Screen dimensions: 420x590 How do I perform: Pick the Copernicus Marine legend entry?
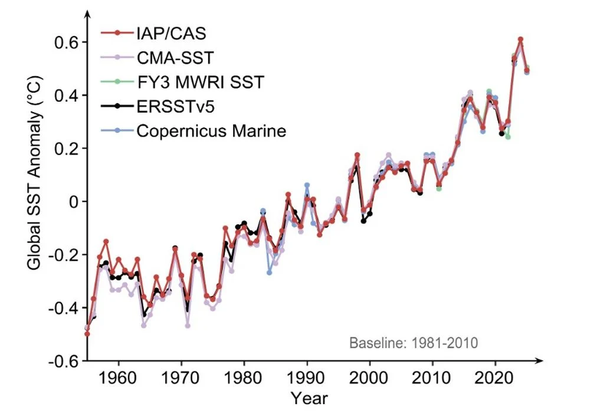pyautogui.click(x=211, y=130)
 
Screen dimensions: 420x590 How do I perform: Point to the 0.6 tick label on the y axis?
pyautogui.click(x=67, y=42)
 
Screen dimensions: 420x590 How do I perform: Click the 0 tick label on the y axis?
pyautogui.click(x=74, y=202)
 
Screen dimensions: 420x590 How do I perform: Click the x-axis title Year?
pyautogui.click(x=309, y=399)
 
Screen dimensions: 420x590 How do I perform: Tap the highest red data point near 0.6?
pyautogui.click(x=520, y=40)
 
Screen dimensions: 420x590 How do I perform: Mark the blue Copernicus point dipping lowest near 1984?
pyautogui.click(x=269, y=273)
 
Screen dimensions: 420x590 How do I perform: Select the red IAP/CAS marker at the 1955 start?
pyautogui.click(x=87, y=334)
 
